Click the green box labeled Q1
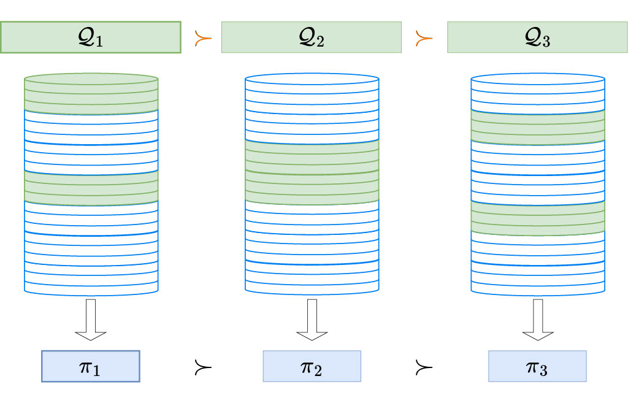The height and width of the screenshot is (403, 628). click(91, 37)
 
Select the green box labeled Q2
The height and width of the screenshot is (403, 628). click(311, 37)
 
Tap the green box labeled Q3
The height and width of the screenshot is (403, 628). click(537, 37)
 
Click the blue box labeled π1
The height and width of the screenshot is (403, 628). click(91, 366)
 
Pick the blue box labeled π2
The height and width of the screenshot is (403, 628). click(312, 366)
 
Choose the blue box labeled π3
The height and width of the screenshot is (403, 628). click(537, 366)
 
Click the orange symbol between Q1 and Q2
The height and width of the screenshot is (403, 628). click(202, 39)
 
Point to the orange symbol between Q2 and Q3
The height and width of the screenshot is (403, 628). click(424, 39)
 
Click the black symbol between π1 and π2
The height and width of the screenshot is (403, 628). click(202, 367)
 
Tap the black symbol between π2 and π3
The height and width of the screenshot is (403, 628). click(424, 367)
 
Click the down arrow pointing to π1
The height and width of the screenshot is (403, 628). click(91, 320)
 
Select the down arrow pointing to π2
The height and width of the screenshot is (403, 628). click(312, 320)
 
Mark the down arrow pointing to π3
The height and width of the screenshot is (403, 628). click(538, 320)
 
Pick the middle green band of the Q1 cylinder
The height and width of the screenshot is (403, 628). click(91, 188)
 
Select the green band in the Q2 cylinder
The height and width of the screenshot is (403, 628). click(312, 172)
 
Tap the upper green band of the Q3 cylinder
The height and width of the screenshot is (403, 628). click(538, 127)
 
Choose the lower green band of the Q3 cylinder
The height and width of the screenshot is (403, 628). click(538, 218)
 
